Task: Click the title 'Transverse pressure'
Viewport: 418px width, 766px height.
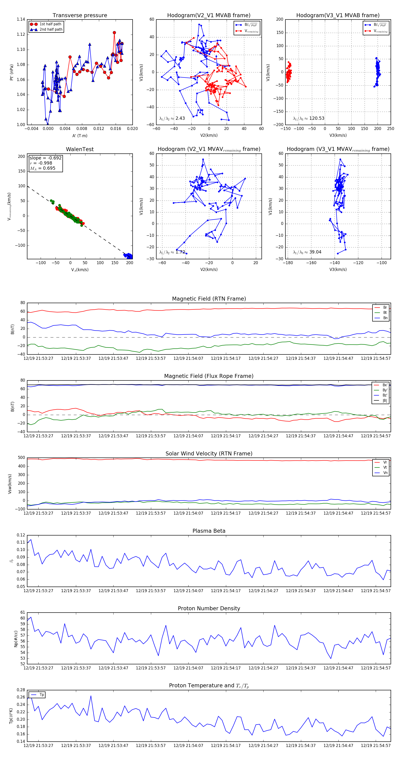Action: tap(80, 16)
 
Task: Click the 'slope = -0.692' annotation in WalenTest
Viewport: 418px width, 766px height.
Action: tap(46, 158)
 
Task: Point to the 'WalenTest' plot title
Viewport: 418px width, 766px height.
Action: tap(80, 149)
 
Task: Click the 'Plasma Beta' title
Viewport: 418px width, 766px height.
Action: tap(209, 531)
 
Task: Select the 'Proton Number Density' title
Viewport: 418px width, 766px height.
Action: tap(209, 608)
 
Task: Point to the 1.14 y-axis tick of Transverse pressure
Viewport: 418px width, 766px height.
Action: tap(21, 20)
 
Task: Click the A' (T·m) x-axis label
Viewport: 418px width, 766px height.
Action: tap(80, 136)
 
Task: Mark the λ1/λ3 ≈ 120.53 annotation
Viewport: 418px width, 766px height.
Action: tap(309, 118)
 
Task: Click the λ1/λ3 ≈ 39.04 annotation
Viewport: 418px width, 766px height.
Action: tap(307, 252)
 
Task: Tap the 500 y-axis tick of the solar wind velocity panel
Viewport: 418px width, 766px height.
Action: tap(21, 458)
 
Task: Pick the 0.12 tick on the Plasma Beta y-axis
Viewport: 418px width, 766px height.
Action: tap(21, 535)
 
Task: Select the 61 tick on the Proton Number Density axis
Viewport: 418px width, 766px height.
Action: tap(23, 613)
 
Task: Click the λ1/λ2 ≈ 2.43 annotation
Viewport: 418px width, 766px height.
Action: tap(172, 118)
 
